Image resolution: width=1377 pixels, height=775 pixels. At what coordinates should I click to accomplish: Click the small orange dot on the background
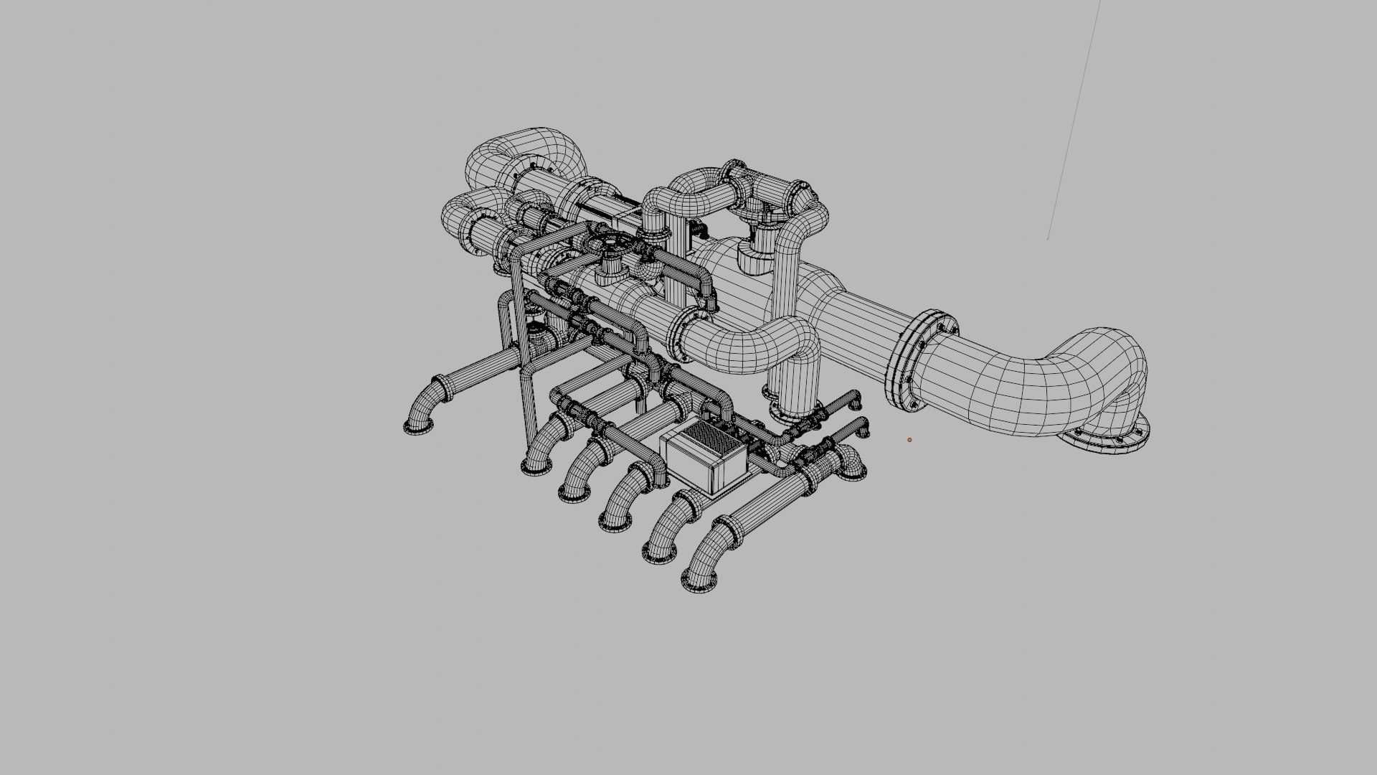pyautogui.click(x=909, y=440)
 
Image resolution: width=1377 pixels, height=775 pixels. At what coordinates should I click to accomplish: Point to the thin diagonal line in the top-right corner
pyautogui.click(x=1074, y=122)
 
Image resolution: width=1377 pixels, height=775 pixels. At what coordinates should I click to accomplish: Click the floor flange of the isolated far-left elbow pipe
pyautogui.click(x=418, y=428)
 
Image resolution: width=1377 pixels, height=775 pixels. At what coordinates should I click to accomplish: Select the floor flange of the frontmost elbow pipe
pyautogui.click(x=699, y=583)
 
